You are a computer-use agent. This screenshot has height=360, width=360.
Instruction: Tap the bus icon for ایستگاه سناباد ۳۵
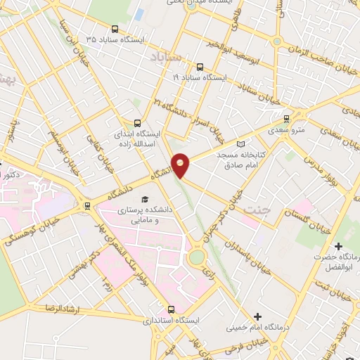(x=115, y=30)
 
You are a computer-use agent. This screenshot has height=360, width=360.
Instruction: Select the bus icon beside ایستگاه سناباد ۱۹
(x=200, y=67)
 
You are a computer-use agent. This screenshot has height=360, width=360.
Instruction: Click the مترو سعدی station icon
(x=286, y=119)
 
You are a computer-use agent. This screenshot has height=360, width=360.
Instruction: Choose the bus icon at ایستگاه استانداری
(x=171, y=309)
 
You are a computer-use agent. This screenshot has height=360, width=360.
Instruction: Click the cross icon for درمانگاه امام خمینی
(x=258, y=317)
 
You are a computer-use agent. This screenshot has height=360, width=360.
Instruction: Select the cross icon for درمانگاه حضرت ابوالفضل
(x=339, y=246)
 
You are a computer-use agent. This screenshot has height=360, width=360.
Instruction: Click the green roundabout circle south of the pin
(x=198, y=257)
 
